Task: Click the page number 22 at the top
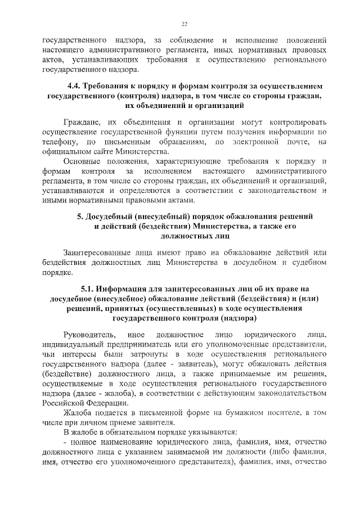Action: point(184,23)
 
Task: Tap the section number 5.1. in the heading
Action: point(90,290)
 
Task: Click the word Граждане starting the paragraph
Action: point(83,122)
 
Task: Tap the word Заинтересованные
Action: point(98,254)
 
